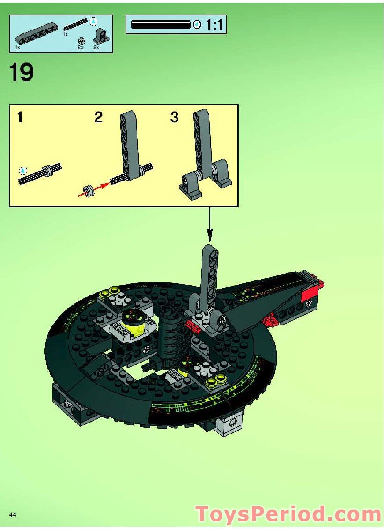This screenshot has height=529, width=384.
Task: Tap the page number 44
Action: pyautogui.click(x=13, y=515)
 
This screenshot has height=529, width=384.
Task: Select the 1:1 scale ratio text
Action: pyautogui.click(x=214, y=25)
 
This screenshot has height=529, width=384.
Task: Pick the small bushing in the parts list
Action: pyautogui.click(x=81, y=41)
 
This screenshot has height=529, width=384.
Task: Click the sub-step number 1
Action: pyautogui.click(x=20, y=117)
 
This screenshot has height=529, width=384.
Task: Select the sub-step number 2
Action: pyautogui.click(x=98, y=117)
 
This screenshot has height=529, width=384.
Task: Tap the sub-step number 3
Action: pyautogui.click(x=174, y=117)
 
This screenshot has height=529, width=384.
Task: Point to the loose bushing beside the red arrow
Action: pyautogui.click(x=87, y=190)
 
